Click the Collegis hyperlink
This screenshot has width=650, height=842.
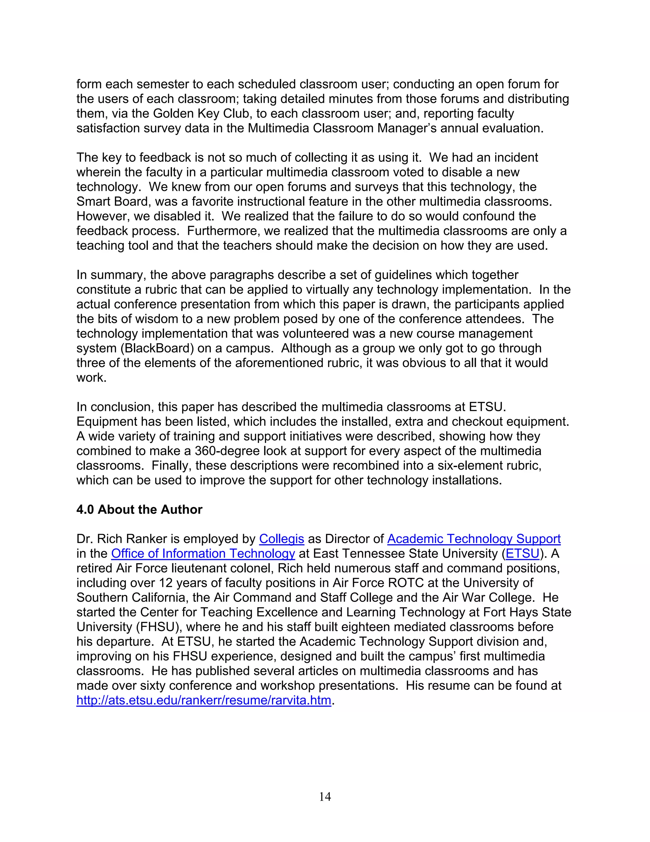tap(282, 539)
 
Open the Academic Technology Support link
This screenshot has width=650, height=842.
tap(474, 539)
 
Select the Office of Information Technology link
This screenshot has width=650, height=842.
tap(203, 553)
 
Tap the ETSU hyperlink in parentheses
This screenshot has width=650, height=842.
tap(522, 553)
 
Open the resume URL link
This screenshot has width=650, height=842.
tap(204, 700)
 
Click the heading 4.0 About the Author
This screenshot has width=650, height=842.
tap(139, 510)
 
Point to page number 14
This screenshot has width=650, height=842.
tap(325, 797)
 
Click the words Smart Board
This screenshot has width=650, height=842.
tap(112, 201)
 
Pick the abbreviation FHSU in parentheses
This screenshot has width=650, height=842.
tap(157, 627)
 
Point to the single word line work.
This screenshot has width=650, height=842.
tap(91, 377)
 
